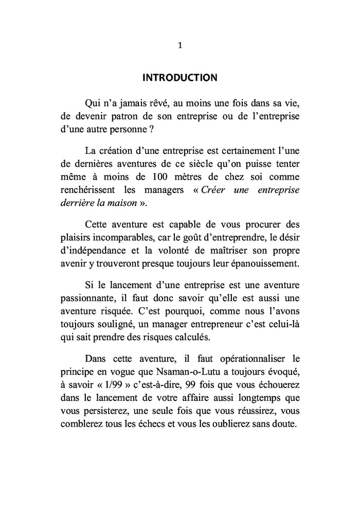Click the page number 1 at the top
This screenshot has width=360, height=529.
179,45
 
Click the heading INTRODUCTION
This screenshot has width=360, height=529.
179,78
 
